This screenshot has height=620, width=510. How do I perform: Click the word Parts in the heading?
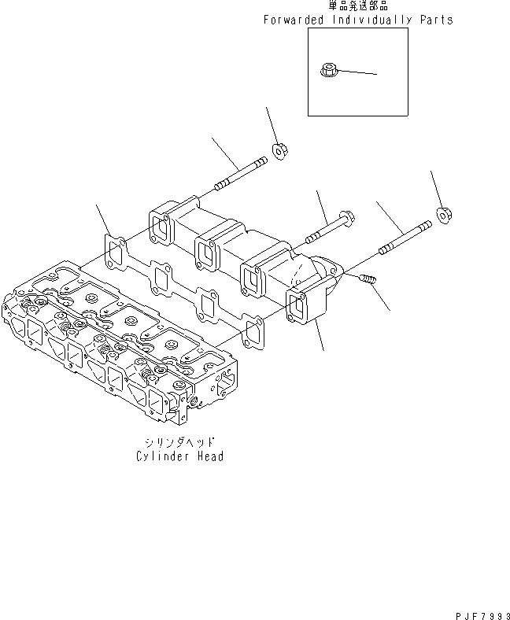click(436, 20)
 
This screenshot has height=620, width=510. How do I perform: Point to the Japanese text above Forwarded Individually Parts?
click(359, 6)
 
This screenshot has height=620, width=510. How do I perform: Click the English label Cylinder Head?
click(179, 456)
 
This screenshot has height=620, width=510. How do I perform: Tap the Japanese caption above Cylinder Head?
click(179, 443)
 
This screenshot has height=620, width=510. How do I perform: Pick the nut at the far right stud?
click(443, 212)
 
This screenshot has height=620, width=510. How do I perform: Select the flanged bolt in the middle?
click(329, 227)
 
